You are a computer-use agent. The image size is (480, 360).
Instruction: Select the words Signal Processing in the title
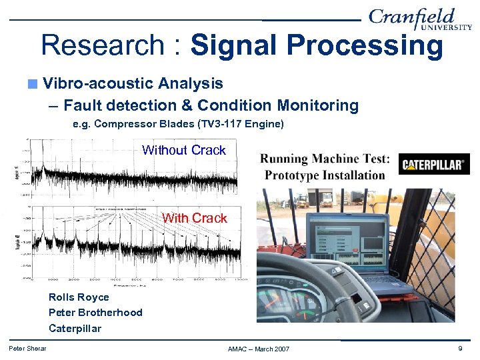317,46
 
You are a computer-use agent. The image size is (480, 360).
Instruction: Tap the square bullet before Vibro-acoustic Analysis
33,84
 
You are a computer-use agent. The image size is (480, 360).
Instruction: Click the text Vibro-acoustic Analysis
133,83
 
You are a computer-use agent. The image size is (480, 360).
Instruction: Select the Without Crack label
184,150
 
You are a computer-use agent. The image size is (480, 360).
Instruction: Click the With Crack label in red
194,218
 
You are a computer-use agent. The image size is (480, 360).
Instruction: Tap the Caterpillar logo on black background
434,164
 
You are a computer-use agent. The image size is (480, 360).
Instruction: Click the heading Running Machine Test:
325,159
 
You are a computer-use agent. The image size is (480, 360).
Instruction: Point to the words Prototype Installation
325,175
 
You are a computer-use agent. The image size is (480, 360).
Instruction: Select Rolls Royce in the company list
79,297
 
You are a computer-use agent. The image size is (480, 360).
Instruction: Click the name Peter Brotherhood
95,313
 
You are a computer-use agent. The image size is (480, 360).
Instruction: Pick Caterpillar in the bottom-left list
75,328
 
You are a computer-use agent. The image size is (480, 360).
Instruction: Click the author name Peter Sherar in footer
27,348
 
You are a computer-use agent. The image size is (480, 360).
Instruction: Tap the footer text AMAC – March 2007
259,349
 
